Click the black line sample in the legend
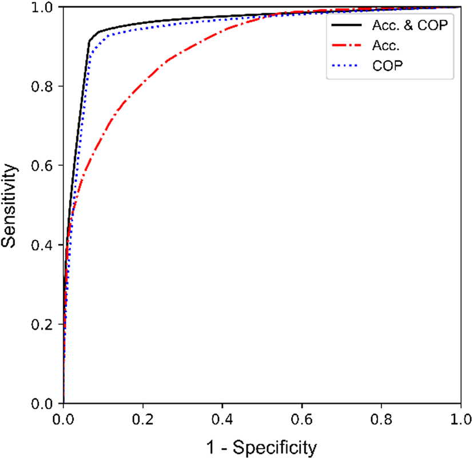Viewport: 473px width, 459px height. click(345, 26)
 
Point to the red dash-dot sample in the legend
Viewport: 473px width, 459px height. click(345, 46)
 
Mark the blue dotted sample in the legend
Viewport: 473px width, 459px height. click(345, 67)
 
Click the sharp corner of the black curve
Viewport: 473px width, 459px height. click(89, 41)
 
